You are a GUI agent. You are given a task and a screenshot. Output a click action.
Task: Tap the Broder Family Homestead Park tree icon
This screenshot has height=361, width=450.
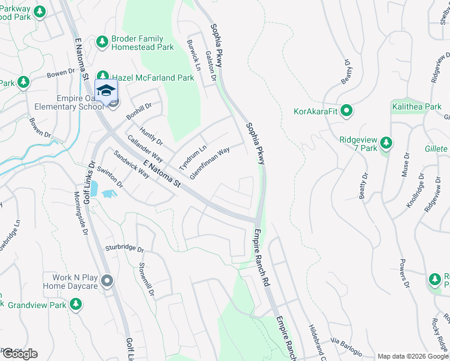click(102, 42)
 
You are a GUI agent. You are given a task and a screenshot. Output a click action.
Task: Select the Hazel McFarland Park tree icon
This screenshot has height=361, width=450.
click(103, 77)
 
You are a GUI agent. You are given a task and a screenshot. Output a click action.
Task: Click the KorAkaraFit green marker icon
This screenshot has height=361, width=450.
click(346, 111)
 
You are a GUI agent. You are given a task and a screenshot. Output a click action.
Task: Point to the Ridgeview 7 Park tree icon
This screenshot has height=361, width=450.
click(386, 143)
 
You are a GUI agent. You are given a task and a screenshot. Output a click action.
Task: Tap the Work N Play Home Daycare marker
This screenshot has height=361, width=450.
click(107, 280)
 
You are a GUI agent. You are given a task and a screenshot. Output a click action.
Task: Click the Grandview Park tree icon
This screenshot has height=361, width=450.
click(75, 305)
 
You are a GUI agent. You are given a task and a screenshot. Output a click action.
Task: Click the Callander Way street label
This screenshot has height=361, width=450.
click(141, 149)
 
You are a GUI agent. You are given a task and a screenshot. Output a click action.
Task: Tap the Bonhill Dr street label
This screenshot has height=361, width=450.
click(139, 111)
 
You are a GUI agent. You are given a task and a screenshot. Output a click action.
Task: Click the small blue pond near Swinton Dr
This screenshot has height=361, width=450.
click(109, 194)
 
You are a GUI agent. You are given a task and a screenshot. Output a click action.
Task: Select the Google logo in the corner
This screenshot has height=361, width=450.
click(19, 354)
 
